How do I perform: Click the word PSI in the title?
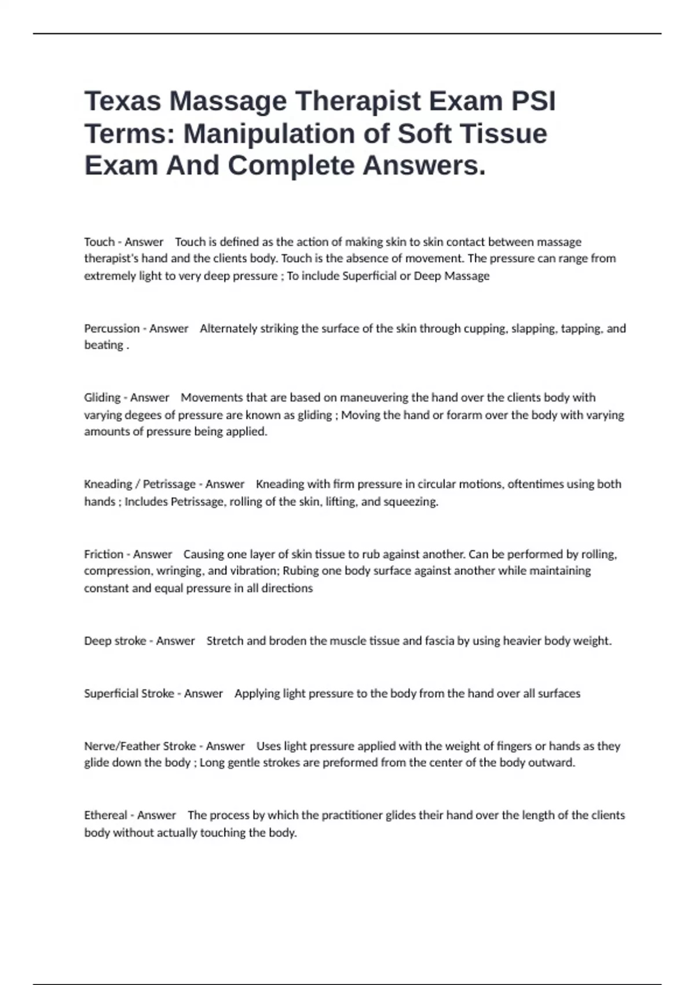(x=533, y=101)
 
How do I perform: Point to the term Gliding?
(x=103, y=397)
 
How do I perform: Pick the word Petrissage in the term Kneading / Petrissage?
(x=169, y=484)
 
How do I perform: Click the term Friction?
(x=104, y=554)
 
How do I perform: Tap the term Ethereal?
(x=105, y=815)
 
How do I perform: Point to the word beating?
(x=104, y=345)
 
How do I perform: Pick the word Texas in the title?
(x=123, y=101)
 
